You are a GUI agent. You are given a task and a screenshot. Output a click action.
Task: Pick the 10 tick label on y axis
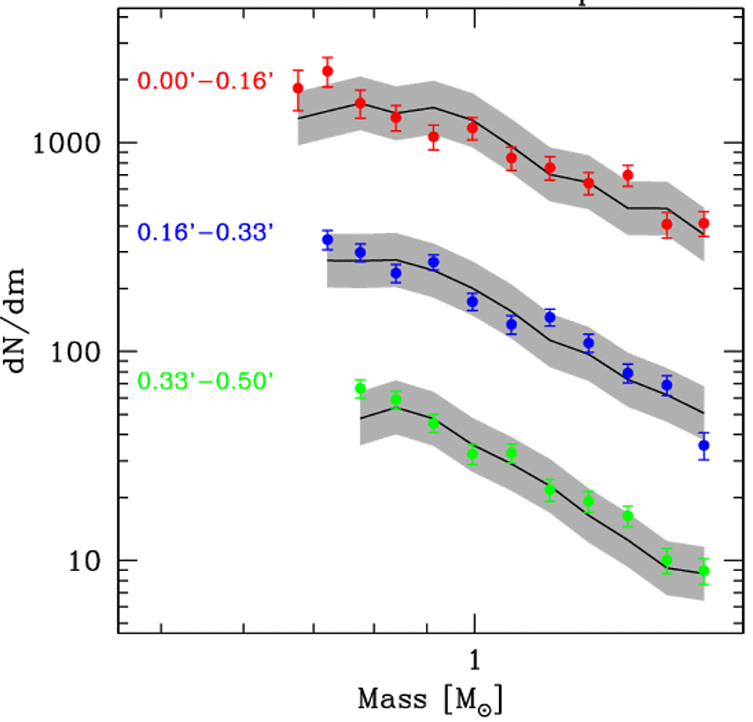pyautogui.click(x=85, y=561)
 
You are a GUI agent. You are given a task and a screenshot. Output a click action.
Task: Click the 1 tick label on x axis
pyautogui.click(x=475, y=661)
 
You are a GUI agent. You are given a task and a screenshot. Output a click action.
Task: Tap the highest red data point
pyautogui.click(x=327, y=72)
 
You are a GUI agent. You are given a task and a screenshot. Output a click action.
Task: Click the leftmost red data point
pyautogui.click(x=298, y=89)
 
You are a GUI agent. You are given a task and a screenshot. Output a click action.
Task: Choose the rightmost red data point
pyautogui.click(x=704, y=223)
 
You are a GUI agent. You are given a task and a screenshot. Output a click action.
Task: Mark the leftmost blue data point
pyautogui.click(x=327, y=240)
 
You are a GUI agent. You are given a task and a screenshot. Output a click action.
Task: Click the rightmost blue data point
pyautogui.click(x=704, y=446)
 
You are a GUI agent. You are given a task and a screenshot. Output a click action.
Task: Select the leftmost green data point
pyautogui.click(x=360, y=389)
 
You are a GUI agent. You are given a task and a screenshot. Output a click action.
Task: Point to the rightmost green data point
pyautogui.click(x=704, y=571)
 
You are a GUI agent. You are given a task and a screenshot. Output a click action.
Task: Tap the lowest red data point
pyautogui.click(x=667, y=225)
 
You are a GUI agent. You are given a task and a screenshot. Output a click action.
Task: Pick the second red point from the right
pyautogui.click(x=667, y=225)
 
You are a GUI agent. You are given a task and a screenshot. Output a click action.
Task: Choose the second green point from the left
pyautogui.click(x=396, y=399)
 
